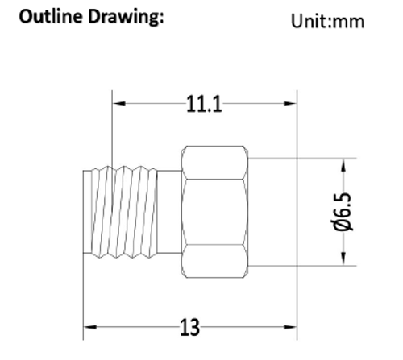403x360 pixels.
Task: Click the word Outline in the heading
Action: click(50, 17)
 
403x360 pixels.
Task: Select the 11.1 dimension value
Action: click(205, 104)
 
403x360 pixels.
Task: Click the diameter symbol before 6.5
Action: click(343, 230)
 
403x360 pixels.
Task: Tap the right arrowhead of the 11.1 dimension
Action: click(292, 104)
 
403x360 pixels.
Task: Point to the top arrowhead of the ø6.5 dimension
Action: click(343, 163)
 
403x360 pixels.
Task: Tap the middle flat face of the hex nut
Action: click(216, 211)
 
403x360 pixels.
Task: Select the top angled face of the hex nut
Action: click(216, 162)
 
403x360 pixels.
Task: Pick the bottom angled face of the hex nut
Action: click(216, 263)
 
